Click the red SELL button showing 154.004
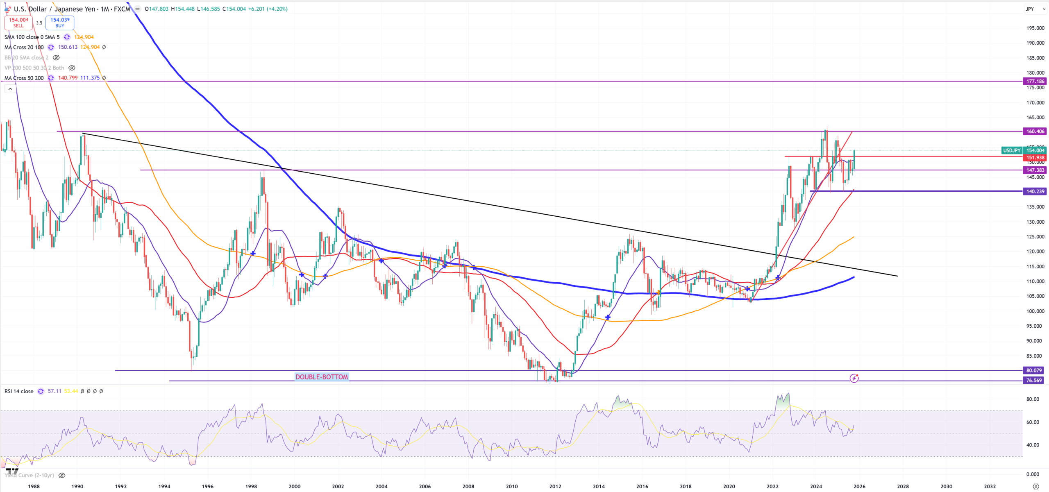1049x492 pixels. point(18,23)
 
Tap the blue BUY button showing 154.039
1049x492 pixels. point(60,23)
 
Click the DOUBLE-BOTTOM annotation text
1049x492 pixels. point(322,377)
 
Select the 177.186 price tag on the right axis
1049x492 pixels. point(1035,81)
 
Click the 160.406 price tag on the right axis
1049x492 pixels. point(1035,132)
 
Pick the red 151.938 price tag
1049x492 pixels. point(1035,158)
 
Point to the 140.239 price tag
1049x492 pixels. point(1035,191)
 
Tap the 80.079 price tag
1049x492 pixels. point(1034,370)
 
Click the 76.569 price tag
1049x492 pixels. point(1034,381)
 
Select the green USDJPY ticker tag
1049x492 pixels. point(1011,150)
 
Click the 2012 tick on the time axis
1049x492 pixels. point(555,486)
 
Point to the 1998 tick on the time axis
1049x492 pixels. point(251,486)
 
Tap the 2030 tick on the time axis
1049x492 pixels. point(946,486)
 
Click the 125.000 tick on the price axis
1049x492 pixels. point(1035,237)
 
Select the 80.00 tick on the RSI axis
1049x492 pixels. point(1032,399)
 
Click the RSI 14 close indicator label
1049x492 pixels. point(19,391)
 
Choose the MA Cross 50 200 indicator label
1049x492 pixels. point(24,78)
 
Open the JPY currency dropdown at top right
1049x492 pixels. point(1035,9)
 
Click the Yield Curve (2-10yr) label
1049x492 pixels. point(30,475)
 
